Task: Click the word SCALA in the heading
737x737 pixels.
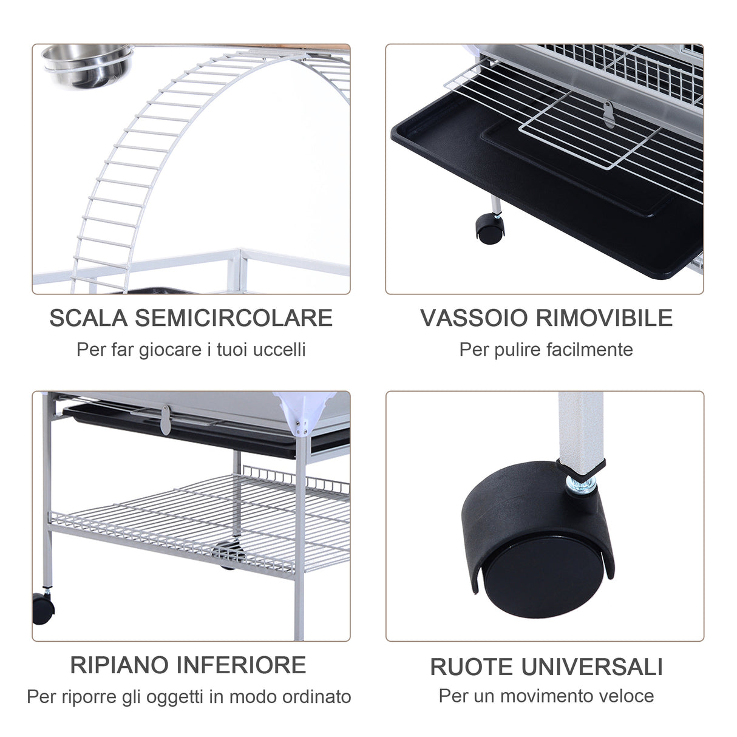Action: tap(88, 318)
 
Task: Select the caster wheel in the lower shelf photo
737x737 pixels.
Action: tap(42, 608)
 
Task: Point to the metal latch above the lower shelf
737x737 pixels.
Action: tap(164, 421)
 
